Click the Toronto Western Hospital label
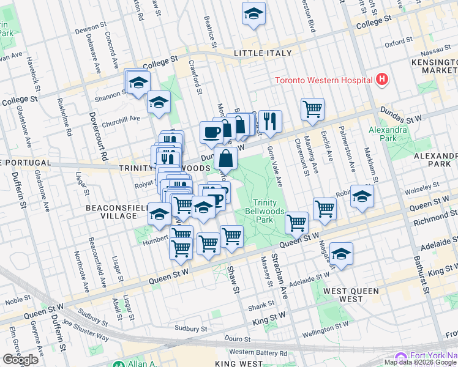pos(323,80)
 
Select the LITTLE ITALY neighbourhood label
pos(263,54)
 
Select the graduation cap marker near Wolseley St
pos(362,196)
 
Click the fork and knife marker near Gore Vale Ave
pos(269,120)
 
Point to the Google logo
pos(20,360)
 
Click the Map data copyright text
pos(421,362)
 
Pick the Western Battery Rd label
pos(257,353)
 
